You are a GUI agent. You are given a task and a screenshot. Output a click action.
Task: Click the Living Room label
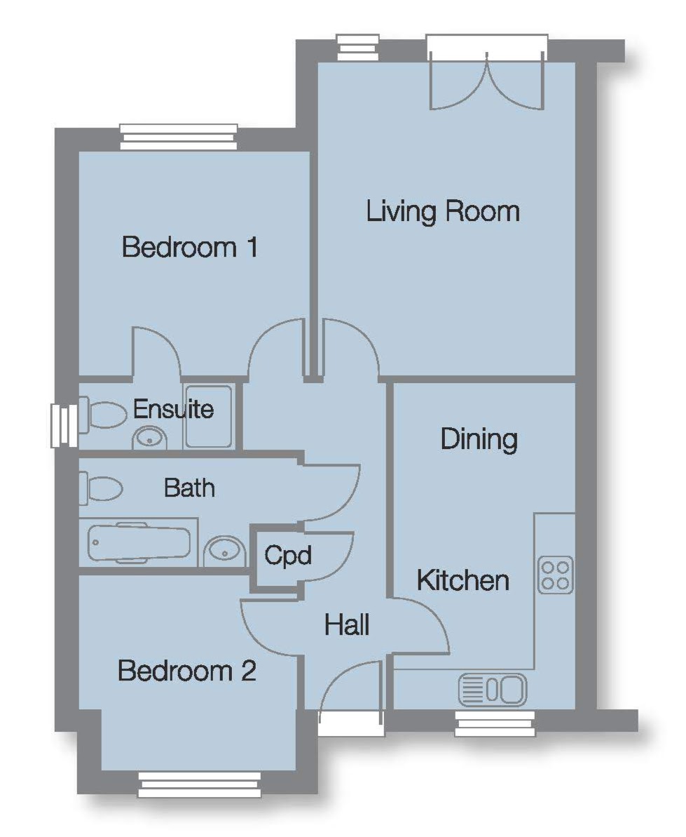443,211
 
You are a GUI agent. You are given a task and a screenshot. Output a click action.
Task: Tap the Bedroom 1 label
190,247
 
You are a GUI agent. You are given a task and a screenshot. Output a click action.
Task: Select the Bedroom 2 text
186,671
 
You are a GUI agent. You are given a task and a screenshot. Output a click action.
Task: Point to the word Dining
479,440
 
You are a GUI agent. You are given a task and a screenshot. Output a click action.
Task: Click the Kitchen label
462,580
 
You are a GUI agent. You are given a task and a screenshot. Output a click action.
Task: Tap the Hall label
346,624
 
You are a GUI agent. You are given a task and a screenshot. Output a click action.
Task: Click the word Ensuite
173,409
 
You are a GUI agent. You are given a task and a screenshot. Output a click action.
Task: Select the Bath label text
189,488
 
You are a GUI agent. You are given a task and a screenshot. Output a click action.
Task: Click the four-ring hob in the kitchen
556,575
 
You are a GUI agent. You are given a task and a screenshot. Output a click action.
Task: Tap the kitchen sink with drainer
493,689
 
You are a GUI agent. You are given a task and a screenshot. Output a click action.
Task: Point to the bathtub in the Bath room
139,544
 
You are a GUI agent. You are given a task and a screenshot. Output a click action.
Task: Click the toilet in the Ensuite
104,413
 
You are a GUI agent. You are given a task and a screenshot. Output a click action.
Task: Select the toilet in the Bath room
102,488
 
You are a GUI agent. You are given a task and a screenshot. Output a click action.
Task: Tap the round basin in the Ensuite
150,438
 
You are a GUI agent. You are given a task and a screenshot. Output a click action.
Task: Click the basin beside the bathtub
225,550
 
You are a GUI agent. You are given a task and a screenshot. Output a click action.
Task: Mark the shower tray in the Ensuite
208,416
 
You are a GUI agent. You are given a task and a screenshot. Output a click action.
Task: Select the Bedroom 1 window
178,138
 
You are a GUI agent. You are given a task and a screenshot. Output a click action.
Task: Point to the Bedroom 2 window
200,784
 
